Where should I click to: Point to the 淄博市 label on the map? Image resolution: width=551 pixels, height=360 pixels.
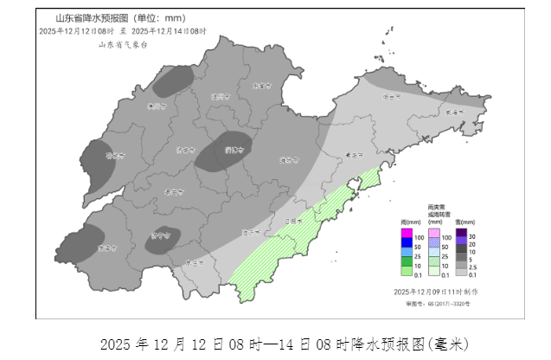pyautogui.click(x=232, y=151)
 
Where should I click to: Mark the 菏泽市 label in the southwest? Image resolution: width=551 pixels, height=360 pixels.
pyautogui.click(x=107, y=247)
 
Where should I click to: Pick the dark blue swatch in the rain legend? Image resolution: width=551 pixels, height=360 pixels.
pyautogui.click(x=406, y=247)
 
